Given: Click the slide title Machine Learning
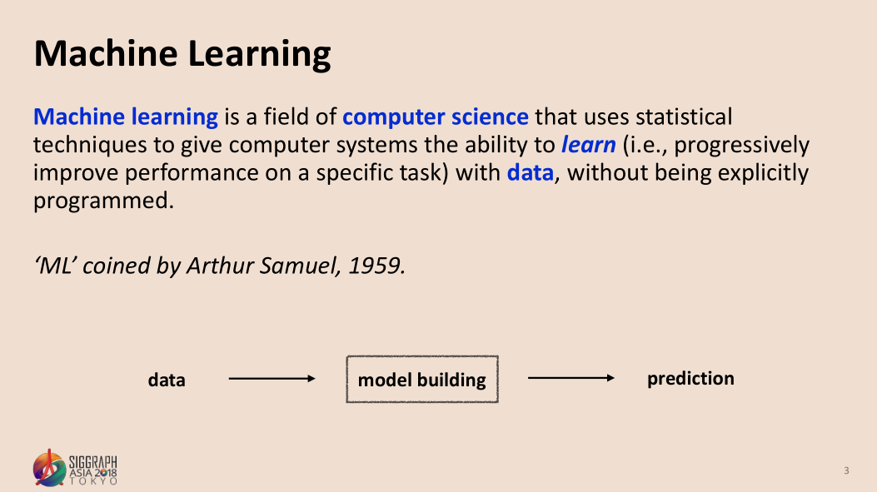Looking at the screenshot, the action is [x=182, y=55].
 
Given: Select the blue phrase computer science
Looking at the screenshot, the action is [x=435, y=117].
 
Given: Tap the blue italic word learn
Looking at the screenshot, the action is [x=588, y=144].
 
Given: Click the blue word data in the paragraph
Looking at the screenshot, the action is [x=531, y=172].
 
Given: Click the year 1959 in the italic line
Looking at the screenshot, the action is [x=376, y=266].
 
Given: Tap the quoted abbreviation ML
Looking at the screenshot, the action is [x=55, y=266].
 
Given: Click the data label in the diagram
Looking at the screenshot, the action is [x=167, y=380].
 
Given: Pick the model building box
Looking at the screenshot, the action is [x=422, y=379].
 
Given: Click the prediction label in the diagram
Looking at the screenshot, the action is [x=690, y=379].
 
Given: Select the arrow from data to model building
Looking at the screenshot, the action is [x=272, y=379].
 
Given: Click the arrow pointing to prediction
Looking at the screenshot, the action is [x=571, y=378].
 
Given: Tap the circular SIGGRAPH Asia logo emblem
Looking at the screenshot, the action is [x=49, y=468].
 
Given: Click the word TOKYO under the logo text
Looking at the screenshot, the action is [x=93, y=481].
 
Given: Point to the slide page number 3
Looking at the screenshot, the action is [x=846, y=470].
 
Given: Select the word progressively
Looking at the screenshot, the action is [x=741, y=146].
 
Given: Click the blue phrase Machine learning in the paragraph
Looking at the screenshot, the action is [x=126, y=117].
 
